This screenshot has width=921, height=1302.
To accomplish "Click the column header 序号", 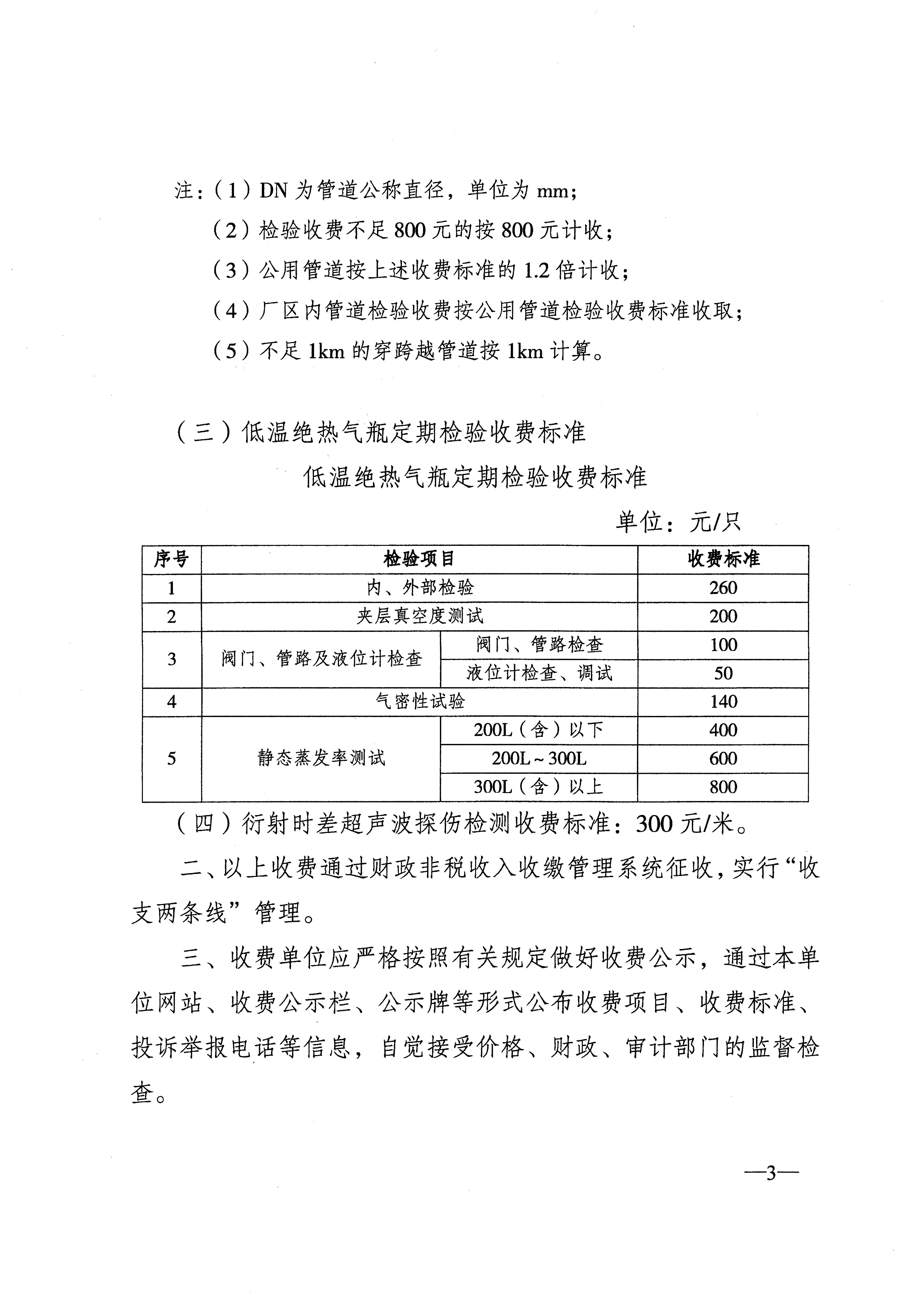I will coord(171,560).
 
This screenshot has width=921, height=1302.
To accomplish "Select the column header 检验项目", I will coord(419,560).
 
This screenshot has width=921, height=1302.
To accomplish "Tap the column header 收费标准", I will coord(723,560).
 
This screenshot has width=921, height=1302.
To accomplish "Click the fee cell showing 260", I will coord(723,588).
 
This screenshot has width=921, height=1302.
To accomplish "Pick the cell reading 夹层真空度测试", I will coord(419,616).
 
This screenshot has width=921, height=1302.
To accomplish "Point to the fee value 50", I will coord(723,674).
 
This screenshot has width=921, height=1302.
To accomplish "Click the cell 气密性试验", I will coord(419,702).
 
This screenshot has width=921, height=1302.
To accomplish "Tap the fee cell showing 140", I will coord(723,702).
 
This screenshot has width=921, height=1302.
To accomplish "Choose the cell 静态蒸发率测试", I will coord(321,759).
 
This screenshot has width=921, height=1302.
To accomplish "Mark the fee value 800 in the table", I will coord(723,787).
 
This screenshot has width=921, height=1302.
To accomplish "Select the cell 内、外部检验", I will coord(419,588).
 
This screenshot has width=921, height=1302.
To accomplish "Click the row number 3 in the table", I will coord(171,660).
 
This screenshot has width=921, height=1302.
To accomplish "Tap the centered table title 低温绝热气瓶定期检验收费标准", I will coord(475,477).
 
